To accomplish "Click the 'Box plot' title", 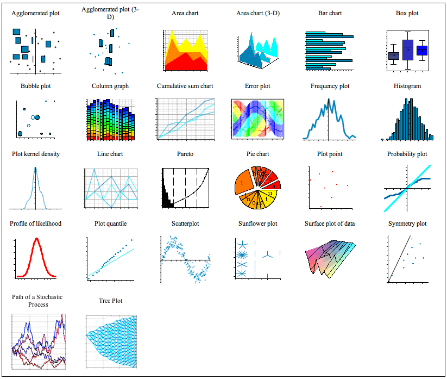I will pos(407,13).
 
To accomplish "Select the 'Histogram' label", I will pos(407,86).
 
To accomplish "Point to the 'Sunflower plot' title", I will pos(257,223).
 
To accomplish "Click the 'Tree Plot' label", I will pos(111,301).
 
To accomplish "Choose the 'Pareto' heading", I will pos(185,154).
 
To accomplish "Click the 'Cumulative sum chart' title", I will pos(185,86).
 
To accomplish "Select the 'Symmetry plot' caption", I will pos(407,223).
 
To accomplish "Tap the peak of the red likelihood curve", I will pos(36,239).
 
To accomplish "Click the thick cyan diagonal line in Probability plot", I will pos(418,177).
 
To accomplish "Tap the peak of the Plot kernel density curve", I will pos(36,168).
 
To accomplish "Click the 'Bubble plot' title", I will pos(36,86).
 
